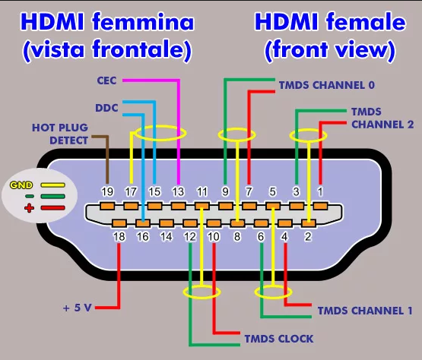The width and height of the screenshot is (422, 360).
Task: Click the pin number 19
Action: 107,191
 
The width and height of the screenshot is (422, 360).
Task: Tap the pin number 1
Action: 320,191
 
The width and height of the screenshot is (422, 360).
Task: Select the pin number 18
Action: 119,237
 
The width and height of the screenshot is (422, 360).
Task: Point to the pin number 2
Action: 308,237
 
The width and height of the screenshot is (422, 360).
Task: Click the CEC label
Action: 106,81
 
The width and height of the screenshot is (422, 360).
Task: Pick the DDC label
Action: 106,108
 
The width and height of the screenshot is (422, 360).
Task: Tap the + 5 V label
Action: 78,308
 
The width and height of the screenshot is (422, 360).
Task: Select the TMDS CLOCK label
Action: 279,339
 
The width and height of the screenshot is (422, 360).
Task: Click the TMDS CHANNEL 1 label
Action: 365,311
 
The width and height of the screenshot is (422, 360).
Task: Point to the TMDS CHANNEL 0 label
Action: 327,85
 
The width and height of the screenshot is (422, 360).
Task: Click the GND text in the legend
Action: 21,185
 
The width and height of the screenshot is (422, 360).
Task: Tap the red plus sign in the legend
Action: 29,208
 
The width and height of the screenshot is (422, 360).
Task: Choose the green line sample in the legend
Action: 52,196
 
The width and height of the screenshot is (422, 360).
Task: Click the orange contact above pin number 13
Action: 178,207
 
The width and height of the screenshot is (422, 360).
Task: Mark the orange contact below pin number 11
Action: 201,207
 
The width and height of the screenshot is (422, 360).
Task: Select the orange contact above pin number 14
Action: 167,223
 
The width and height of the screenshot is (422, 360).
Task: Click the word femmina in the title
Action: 143,21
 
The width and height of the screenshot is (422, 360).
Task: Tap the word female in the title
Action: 366,21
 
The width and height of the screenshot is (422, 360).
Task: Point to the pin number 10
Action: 214,237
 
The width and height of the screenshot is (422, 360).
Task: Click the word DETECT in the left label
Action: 68,141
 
